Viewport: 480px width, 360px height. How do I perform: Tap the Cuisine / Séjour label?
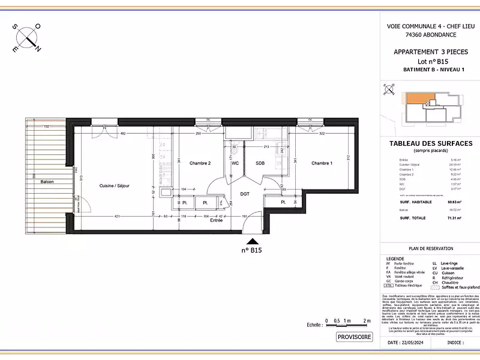[x=115, y=186]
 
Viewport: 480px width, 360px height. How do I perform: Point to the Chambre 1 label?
[x=323, y=163]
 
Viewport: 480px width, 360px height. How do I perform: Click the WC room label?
[x=235, y=163]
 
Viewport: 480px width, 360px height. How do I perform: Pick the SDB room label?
[x=260, y=163]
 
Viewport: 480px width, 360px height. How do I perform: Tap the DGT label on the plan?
[x=245, y=194]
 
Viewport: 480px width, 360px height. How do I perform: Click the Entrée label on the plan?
[x=216, y=220]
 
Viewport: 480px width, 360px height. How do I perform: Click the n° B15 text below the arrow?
[x=252, y=250]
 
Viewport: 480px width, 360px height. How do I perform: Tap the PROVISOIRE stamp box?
[x=354, y=337]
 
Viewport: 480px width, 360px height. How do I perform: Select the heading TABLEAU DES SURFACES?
[x=430, y=143]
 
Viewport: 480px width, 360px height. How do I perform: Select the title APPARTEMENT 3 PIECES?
[x=430, y=52]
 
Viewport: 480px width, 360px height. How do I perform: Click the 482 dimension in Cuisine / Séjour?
[x=122, y=133]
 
